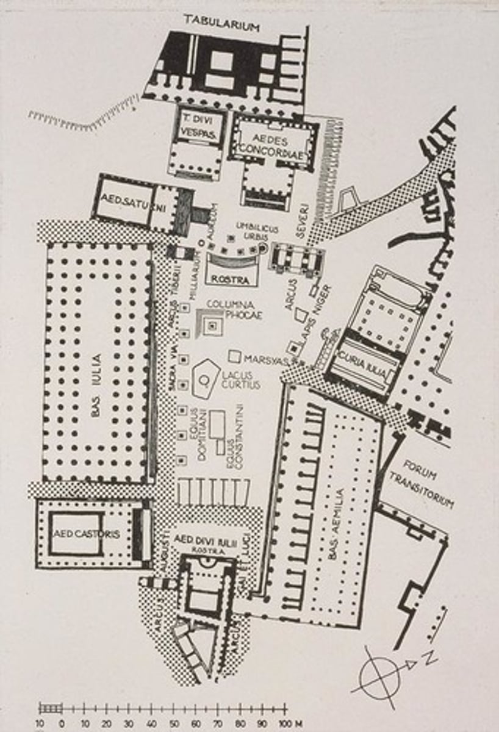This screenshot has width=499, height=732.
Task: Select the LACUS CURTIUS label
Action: [240, 380]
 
